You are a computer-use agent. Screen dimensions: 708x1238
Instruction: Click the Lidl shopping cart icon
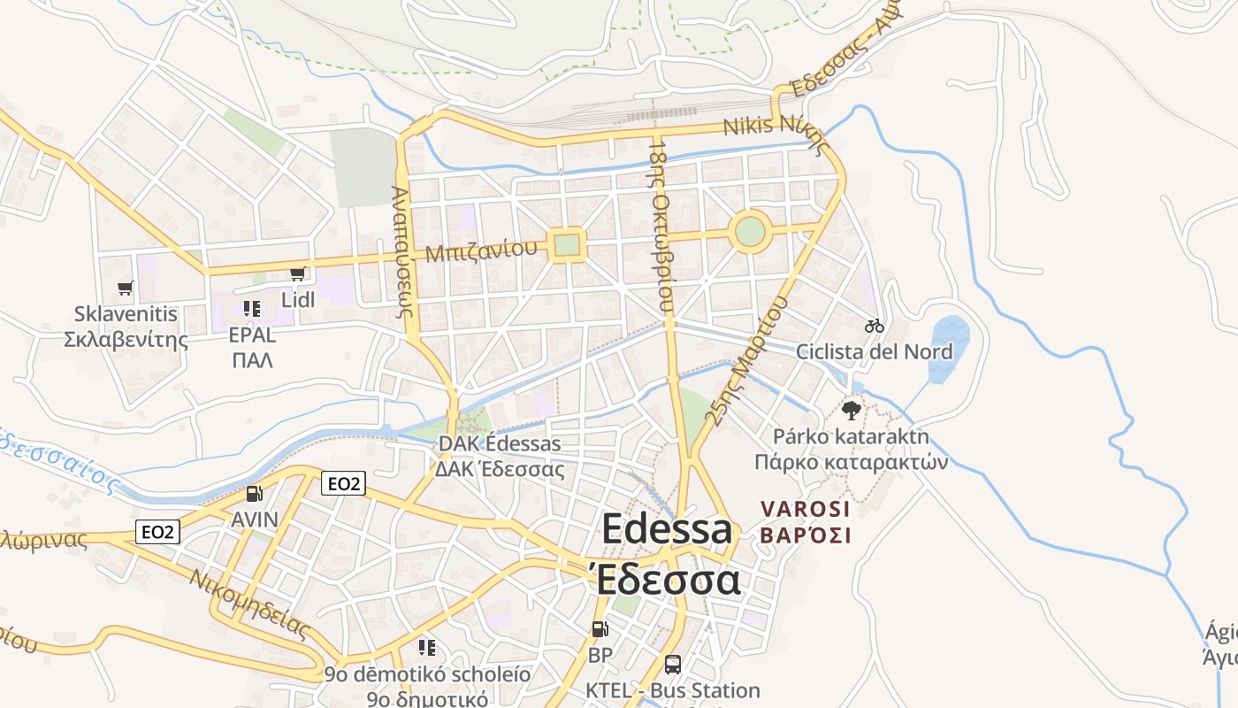[298, 273]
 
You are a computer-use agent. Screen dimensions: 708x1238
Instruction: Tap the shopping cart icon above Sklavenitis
[125, 288]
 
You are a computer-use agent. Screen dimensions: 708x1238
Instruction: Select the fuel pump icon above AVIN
[254, 494]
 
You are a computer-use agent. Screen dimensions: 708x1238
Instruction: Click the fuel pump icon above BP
[600, 629]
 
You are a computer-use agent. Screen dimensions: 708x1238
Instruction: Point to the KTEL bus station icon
[672, 664]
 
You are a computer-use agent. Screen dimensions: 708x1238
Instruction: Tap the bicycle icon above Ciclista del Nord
[875, 326]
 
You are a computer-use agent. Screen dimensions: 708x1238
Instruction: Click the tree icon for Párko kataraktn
[852, 410]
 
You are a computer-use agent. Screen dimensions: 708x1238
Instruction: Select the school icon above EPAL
[252, 309]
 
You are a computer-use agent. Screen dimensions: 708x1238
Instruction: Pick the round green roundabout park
[750, 233]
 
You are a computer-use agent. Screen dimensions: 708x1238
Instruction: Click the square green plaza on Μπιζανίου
[566, 245]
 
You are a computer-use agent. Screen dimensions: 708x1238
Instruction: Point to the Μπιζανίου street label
[480, 250]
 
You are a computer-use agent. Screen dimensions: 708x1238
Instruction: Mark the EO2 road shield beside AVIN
[343, 483]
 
